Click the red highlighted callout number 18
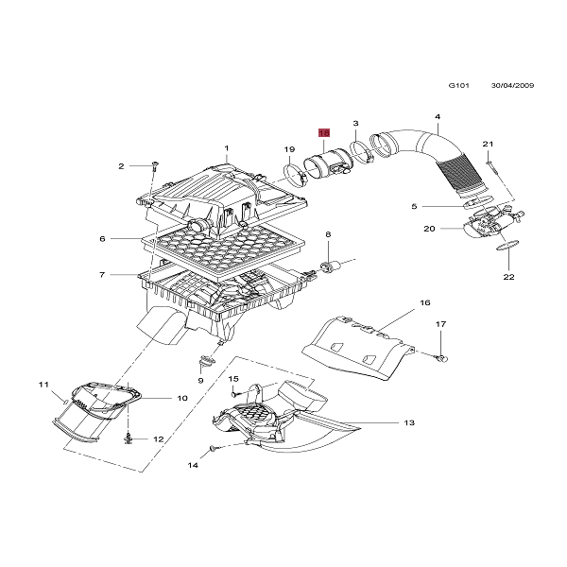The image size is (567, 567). point(323,133)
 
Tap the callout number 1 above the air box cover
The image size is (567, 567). point(227,147)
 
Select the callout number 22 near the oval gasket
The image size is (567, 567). point(508,277)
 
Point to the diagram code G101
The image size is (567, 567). point(458,84)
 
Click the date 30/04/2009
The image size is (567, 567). point(512,84)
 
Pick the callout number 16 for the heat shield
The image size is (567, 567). point(424,303)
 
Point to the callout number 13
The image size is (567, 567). point(409,422)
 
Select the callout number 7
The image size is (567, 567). point(101,275)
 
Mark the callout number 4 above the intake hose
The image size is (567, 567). point(438,116)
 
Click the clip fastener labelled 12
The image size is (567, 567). point(129,438)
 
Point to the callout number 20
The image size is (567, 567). point(428,229)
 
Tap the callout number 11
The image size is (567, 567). point(43,384)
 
